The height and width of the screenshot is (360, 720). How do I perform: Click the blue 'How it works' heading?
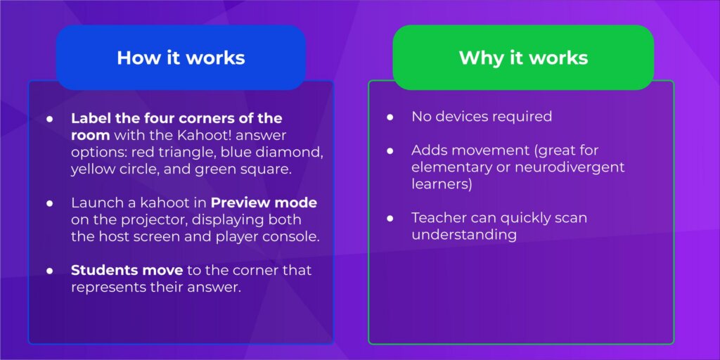tap(181, 58)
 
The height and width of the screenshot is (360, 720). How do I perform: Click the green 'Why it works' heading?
tap(523, 58)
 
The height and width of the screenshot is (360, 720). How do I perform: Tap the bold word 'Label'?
tap(89, 117)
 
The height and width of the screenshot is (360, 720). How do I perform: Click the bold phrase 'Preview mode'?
tap(264, 203)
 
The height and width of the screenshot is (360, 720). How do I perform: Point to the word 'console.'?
tap(294, 236)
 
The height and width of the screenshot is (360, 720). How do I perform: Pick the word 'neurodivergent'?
tap(574, 168)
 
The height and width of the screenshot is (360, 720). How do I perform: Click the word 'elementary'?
tap(449, 168)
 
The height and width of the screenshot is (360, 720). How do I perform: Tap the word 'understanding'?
tap(464, 235)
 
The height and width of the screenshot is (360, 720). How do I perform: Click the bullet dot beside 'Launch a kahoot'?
tap(50, 203)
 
